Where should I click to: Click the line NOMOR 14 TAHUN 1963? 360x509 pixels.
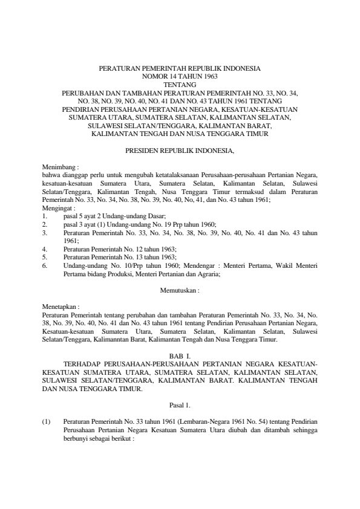tap(180, 77)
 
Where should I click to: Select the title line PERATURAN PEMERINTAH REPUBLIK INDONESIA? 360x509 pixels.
tap(180, 69)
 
